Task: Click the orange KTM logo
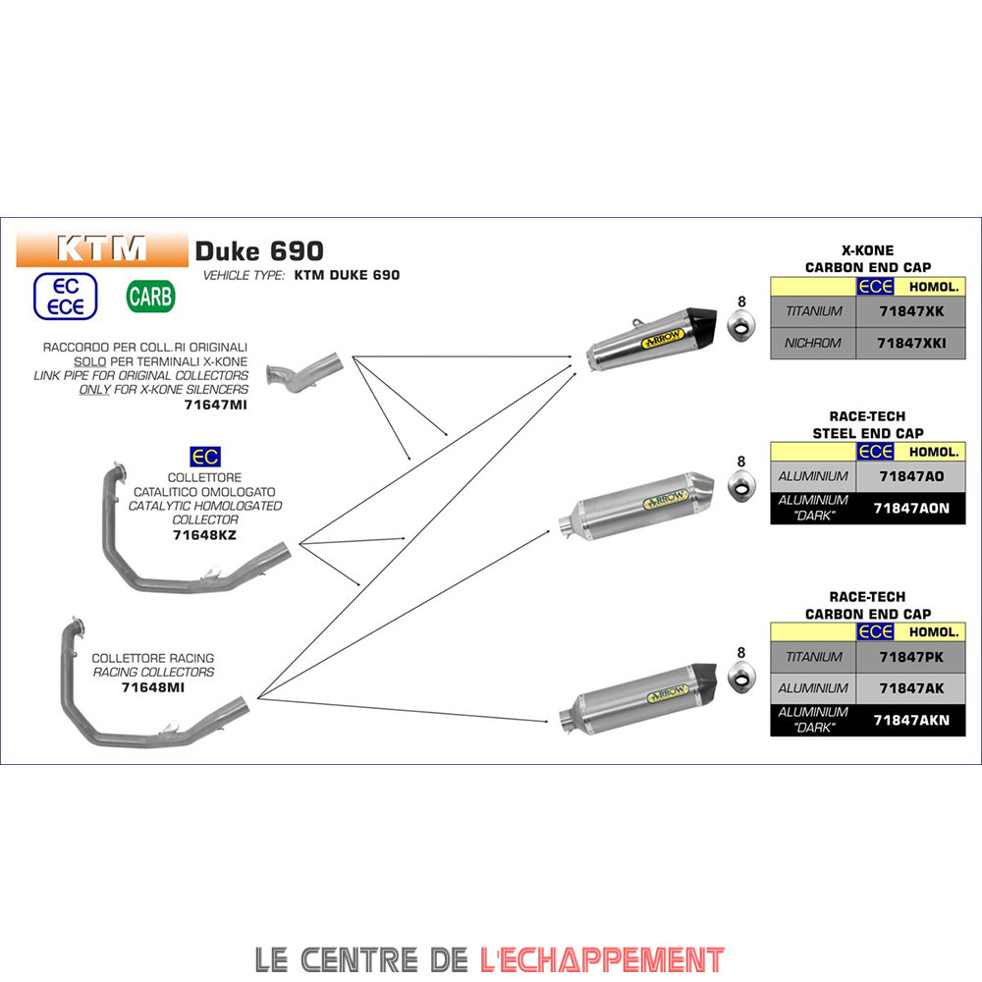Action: click(x=101, y=248)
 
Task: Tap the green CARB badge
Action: click(x=151, y=296)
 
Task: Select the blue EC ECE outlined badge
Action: click(x=66, y=296)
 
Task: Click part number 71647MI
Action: click(x=216, y=404)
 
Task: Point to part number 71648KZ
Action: click(x=204, y=535)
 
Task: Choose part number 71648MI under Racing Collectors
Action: click(x=153, y=687)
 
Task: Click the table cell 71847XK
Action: click(x=910, y=311)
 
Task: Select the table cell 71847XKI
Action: click(x=910, y=344)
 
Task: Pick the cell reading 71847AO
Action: click(x=910, y=476)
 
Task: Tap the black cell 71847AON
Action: click(x=910, y=508)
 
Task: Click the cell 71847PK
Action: click(x=910, y=657)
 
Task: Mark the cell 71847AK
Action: click(x=910, y=688)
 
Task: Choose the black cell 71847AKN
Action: click(x=910, y=720)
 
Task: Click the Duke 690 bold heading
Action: click(x=259, y=251)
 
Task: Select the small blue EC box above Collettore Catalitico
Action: click(x=205, y=457)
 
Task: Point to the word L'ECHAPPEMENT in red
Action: click(x=602, y=958)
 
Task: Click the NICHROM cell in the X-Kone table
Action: click(x=813, y=344)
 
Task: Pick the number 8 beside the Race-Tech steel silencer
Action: click(x=741, y=462)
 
